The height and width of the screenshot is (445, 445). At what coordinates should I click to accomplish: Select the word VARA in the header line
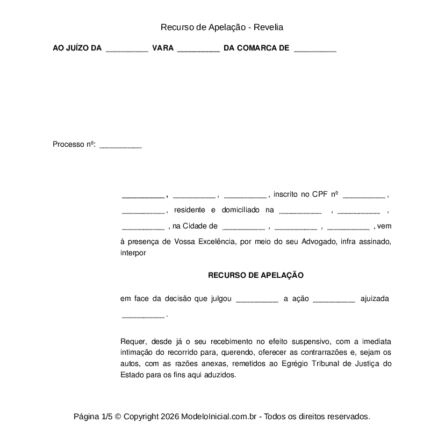pyautogui.click(x=163, y=48)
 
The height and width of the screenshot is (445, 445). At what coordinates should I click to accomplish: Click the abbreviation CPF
pyautogui.click(x=319, y=194)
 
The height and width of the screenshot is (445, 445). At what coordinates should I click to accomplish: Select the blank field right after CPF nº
pyautogui.click(x=363, y=196)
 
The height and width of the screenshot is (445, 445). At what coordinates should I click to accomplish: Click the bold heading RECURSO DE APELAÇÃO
pyautogui.click(x=256, y=275)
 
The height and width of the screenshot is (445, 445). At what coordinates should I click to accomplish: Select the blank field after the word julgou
pyautogui.click(x=257, y=300)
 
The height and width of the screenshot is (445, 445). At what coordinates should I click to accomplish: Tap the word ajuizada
pyautogui.click(x=375, y=299)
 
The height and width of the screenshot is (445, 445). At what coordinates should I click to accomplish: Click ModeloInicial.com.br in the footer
pyautogui.click(x=221, y=417)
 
